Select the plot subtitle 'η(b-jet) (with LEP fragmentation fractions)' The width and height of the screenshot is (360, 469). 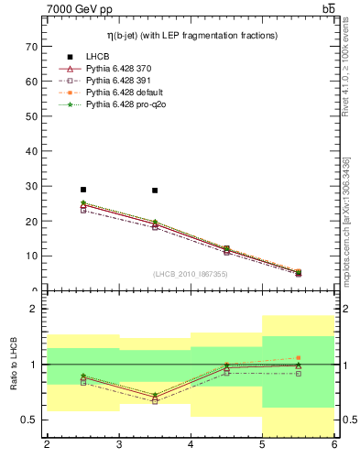[x=191, y=35]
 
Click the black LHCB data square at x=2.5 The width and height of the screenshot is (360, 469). [x=83, y=190]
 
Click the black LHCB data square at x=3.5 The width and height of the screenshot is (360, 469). [x=155, y=191]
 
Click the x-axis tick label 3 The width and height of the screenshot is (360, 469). [x=118, y=445]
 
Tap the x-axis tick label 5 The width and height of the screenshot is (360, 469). [x=262, y=445]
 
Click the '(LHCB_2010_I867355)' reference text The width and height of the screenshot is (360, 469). [x=191, y=274]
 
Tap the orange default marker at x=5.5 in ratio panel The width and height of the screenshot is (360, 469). [x=298, y=358]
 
